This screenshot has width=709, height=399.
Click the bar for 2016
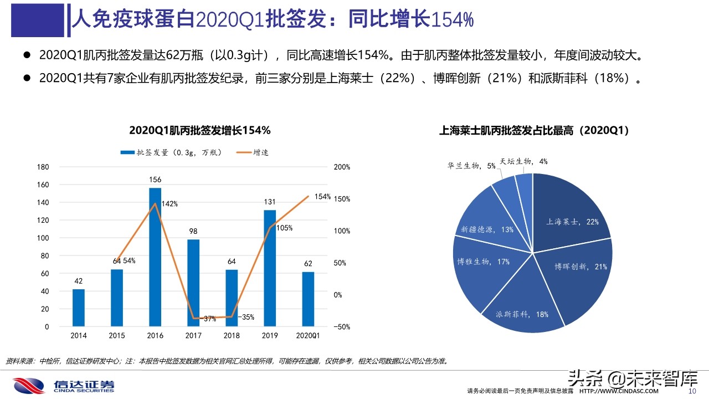point(155,257)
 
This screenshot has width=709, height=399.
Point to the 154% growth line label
point(322,197)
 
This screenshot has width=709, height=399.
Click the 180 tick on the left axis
point(43,167)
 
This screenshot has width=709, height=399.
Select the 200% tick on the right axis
point(342,167)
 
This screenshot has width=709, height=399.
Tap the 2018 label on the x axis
point(232,336)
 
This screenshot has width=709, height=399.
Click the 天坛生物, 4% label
point(523,161)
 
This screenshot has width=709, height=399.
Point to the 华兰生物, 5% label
point(471,166)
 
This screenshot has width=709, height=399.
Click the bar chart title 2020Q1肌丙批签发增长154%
point(199,131)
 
